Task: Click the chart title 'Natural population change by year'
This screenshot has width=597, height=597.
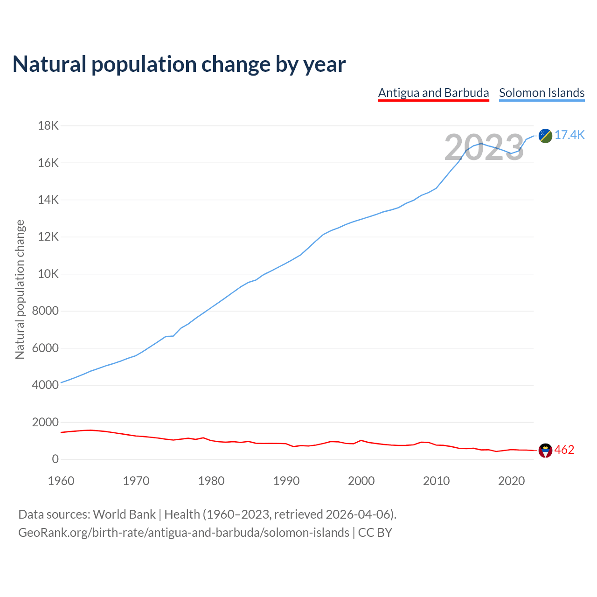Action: pos(179,64)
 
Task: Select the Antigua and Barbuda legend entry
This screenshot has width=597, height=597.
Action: pos(433,93)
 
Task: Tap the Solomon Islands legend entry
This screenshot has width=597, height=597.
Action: pos(541,93)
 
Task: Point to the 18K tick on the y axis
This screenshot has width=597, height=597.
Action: pos(49,126)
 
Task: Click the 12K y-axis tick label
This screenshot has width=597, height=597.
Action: pos(49,237)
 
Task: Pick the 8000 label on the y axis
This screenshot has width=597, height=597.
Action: pos(46,311)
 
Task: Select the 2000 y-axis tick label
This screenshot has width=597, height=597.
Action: pos(46,422)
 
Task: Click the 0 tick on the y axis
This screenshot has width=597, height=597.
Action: pos(56,459)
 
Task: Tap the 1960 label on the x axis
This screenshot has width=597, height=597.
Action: pos(61,481)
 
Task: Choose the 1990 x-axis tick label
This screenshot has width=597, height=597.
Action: pos(286,481)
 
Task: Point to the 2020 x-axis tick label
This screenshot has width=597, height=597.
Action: pos(512,481)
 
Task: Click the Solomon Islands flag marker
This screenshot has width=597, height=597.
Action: pos(545,136)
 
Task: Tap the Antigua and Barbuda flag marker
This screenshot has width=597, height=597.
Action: pos(545,451)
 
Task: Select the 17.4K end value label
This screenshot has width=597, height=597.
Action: pos(569,135)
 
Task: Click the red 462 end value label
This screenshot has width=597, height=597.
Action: pos(564,450)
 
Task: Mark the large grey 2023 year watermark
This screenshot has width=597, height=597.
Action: pos(484,148)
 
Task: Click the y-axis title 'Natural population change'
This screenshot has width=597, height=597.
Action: pos(20,290)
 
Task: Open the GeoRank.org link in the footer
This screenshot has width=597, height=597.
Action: pos(184,533)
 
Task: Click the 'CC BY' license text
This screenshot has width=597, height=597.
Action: pos(375,533)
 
